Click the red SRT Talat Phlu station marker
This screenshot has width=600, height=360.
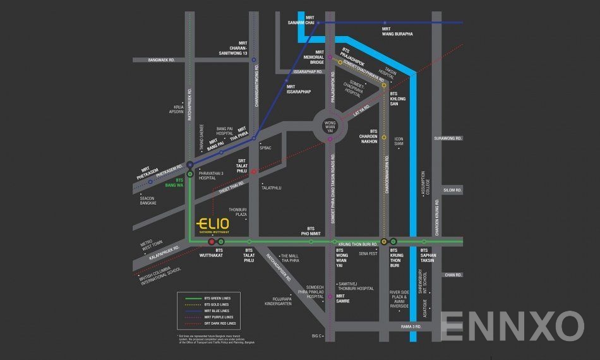coord(253,172)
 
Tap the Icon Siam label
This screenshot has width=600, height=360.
coord(399,141)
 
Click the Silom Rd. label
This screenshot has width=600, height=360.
coord(453,189)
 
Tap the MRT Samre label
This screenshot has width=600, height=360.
coord(341,297)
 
